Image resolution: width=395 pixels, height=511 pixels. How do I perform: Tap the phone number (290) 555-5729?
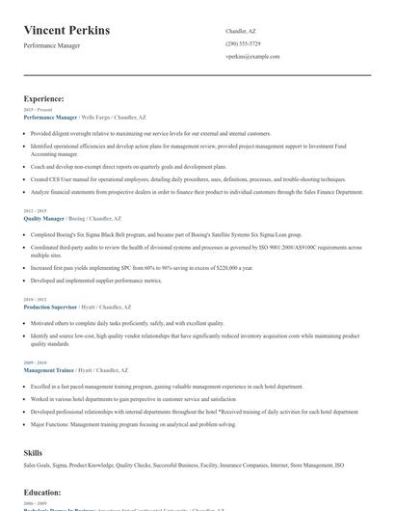coord(243,43)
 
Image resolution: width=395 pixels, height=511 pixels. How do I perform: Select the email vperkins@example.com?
coord(252,56)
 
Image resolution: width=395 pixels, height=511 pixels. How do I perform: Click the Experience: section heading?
coord(43,98)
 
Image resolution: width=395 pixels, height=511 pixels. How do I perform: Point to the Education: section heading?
coord(41,493)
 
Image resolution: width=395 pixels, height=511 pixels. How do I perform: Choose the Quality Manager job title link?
coord(44,219)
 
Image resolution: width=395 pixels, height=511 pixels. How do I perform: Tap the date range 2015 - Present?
coord(39,110)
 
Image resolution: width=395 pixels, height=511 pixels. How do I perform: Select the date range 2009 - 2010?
coord(35,363)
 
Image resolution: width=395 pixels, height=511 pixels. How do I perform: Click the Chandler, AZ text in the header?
coord(241,31)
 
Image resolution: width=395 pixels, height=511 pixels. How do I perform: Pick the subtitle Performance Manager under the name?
coord(59,45)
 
